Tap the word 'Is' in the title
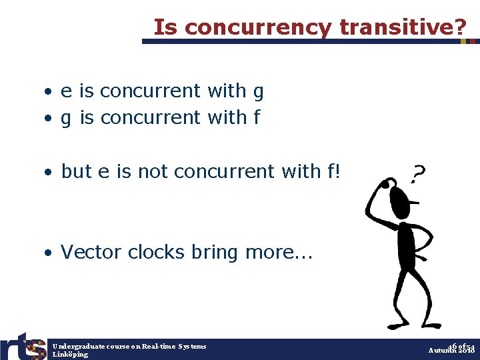point(166,27)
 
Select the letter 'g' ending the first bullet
point(259,92)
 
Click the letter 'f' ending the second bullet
point(257,117)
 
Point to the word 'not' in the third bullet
point(150,171)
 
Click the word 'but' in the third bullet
point(76,171)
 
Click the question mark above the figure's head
point(418,175)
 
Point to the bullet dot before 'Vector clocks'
point(49,253)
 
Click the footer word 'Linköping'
point(70,355)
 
